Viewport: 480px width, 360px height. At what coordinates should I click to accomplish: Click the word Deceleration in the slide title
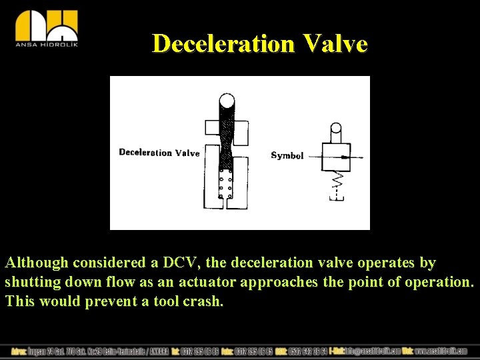click(x=223, y=44)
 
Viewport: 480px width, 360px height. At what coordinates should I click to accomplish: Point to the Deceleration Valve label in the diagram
click(x=159, y=153)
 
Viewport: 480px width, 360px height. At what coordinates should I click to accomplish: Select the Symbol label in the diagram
click(x=287, y=155)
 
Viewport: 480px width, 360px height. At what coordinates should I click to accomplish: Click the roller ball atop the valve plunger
click(x=227, y=101)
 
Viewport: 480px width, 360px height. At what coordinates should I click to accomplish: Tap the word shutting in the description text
click(x=31, y=282)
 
